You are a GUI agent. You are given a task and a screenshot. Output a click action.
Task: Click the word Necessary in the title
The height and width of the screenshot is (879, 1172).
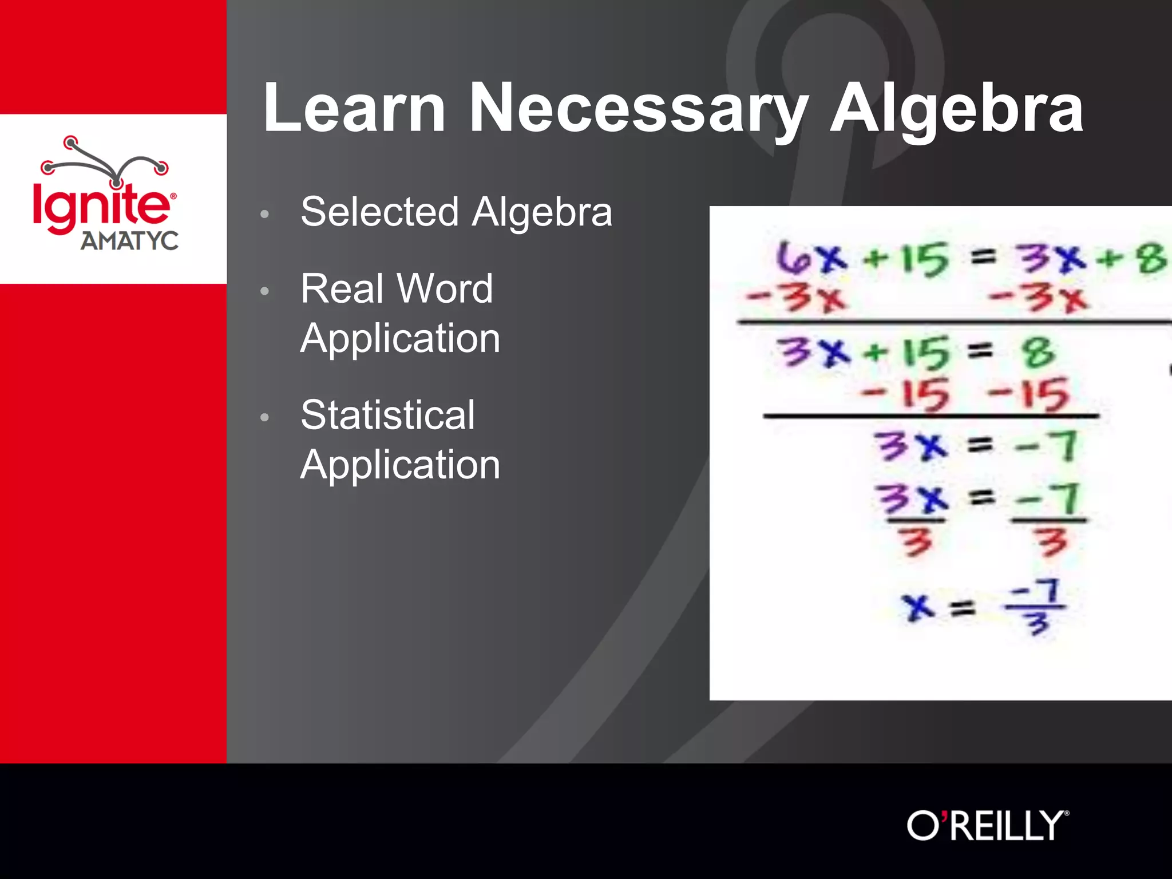click(639, 109)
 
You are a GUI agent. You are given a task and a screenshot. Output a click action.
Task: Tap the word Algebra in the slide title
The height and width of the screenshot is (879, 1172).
click(956, 109)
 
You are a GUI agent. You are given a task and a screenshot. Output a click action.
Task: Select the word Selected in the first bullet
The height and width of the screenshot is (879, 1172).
click(379, 212)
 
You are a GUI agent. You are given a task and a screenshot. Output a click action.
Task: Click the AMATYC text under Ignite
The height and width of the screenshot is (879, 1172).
click(129, 241)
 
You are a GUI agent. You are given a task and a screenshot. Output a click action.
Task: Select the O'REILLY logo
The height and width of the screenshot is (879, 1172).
click(988, 825)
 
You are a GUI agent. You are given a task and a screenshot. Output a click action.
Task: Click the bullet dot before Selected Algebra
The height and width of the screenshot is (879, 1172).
click(264, 214)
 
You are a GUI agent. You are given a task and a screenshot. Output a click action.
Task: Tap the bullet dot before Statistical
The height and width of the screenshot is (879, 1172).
click(264, 417)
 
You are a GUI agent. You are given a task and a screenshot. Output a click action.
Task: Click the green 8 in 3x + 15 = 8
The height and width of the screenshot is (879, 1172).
click(1039, 351)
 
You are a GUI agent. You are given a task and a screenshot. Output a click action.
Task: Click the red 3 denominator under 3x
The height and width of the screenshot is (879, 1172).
click(916, 541)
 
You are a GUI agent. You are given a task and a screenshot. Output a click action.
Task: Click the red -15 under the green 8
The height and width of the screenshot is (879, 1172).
click(1028, 394)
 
